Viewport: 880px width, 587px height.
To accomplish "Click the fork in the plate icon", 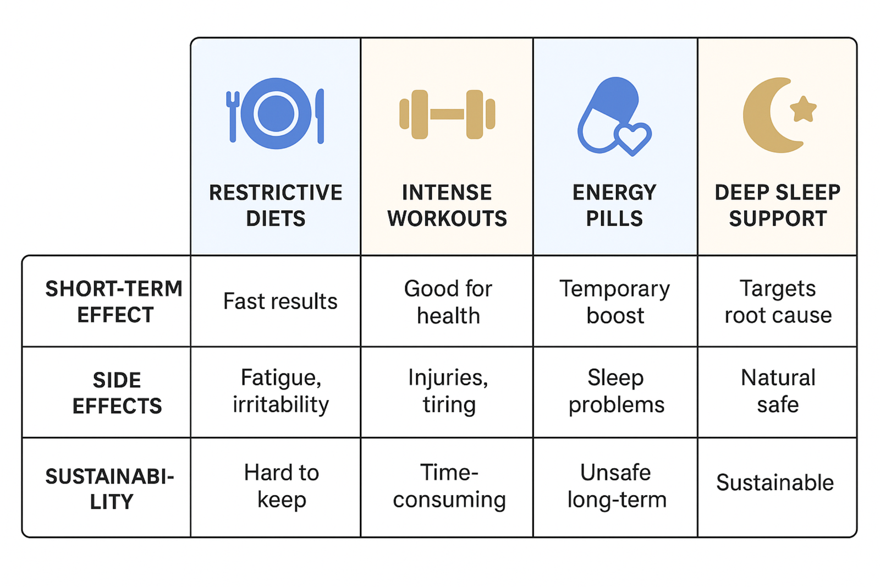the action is tap(233, 116).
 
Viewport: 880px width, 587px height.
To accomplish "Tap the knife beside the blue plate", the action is tap(320, 116).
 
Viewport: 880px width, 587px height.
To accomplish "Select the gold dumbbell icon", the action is tap(447, 114).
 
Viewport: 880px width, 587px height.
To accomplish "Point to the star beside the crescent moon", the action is tap(803, 109).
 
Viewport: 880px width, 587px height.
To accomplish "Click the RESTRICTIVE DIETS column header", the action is tap(276, 205).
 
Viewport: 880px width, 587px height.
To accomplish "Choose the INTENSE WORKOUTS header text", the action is tap(447, 205).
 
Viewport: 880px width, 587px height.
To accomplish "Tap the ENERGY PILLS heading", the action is tap(615, 205).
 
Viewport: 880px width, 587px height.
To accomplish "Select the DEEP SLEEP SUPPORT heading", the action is tap(778, 205).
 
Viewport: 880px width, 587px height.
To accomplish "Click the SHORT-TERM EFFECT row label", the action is tap(114, 301).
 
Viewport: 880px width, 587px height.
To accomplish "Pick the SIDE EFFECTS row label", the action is tap(117, 392).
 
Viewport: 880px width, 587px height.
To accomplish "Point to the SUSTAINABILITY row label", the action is tap(109, 489).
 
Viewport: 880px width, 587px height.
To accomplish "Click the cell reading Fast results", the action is tap(280, 301).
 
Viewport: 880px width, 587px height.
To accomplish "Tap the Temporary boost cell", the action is tap(615, 302).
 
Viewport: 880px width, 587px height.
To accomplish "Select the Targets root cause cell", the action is tap(778, 302).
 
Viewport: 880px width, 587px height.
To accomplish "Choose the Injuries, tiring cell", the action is tap(448, 391).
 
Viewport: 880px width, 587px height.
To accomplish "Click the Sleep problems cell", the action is tap(616, 391).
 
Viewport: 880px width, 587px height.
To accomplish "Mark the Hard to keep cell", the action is tap(281, 486).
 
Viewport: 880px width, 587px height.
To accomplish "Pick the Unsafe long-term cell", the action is tap(617, 486).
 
